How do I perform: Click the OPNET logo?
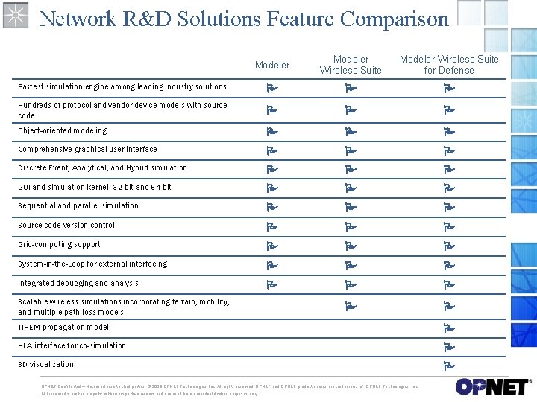[x=493, y=387]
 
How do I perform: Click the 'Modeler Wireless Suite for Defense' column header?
[x=449, y=65]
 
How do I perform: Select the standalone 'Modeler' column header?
[x=272, y=66]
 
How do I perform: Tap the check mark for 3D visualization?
[x=449, y=366]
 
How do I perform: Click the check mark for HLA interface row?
[x=449, y=347]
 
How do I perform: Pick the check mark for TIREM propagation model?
[x=449, y=328]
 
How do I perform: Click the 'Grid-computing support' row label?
[x=59, y=244]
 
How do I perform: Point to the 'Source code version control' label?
[x=66, y=225]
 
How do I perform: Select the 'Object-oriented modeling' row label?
[x=63, y=131]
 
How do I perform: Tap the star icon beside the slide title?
[x=15, y=14]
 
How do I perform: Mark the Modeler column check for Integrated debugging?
[x=272, y=284]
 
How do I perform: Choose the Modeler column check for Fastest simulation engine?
[x=272, y=89]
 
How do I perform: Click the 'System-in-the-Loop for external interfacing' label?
[x=92, y=264]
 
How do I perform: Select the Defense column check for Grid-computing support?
[x=449, y=246]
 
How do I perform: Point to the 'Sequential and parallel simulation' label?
[x=78, y=205]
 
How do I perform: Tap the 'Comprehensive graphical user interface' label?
[x=87, y=149]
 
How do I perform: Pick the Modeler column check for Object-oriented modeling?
[x=272, y=132]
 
